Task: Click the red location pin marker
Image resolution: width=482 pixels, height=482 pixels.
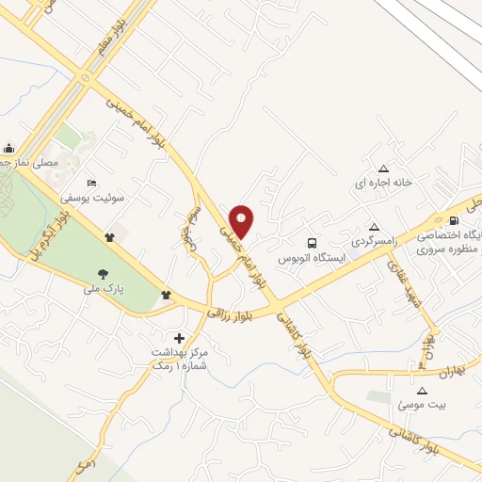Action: pos(242,220)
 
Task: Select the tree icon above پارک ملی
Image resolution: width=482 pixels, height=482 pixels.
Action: pos(101,274)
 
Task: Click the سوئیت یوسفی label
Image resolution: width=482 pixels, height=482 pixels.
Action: pos(88,199)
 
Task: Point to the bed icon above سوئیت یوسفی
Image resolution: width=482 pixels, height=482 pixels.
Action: pos(91,183)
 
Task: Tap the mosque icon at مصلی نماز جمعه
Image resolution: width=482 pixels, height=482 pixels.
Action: pos(9,147)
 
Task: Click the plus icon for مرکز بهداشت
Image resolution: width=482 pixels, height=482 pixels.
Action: pos(179,337)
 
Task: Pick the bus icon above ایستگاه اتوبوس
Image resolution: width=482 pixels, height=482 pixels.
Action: pos(312,241)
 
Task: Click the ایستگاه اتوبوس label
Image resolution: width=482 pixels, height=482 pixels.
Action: pos(312,257)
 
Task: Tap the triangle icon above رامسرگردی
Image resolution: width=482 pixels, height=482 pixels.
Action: pos(374,226)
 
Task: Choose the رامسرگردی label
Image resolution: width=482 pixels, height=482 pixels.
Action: pos(373,242)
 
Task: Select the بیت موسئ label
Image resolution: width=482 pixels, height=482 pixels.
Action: pos(420,404)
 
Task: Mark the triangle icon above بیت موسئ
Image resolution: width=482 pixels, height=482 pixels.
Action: pos(421,389)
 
